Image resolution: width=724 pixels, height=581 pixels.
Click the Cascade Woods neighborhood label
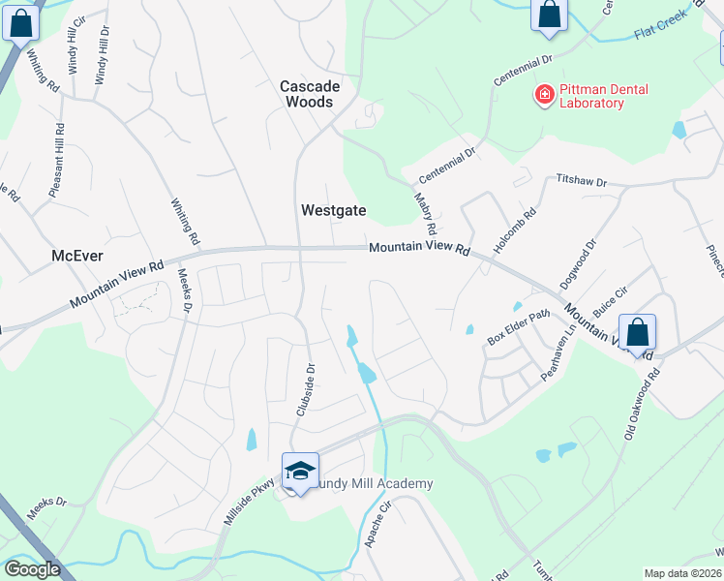307,94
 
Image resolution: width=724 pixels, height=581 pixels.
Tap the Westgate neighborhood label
332,209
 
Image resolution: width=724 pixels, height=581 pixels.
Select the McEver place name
76,256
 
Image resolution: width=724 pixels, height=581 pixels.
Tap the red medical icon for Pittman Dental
545,95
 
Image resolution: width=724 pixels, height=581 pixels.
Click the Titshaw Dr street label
580,181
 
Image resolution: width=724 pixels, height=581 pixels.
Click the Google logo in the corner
32,569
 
